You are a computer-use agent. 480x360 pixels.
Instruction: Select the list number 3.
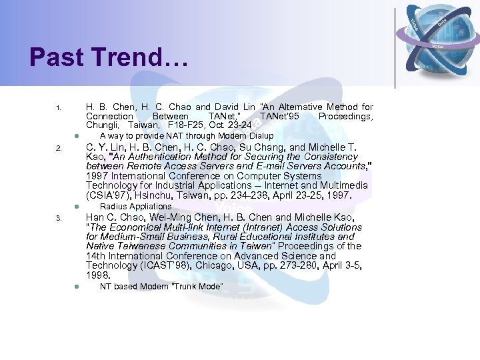point(59,218)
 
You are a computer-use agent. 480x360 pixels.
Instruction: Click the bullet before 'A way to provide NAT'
point(76,136)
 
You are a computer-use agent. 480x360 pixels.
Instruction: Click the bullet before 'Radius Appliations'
point(76,206)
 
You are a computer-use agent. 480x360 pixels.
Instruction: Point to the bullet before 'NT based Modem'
point(76,287)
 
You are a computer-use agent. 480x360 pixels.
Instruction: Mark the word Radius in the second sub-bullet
point(112,206)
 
